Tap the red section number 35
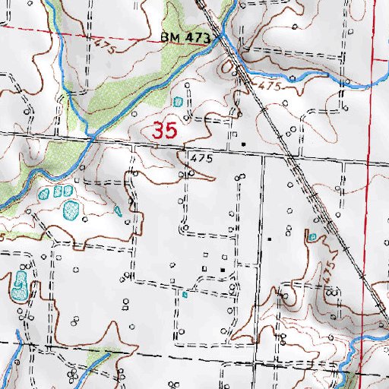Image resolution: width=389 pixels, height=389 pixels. (165, 130)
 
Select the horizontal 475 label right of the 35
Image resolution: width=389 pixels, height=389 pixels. (199, 159)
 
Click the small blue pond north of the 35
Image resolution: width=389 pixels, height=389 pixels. (178, 101)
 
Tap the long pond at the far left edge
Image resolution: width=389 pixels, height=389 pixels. (18, 285)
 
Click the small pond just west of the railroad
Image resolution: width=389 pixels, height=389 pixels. (312, 237)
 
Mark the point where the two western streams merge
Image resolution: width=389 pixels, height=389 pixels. (90, 138)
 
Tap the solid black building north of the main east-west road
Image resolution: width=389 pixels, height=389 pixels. (243, 143)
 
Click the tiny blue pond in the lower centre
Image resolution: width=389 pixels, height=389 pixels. (185, 294)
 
